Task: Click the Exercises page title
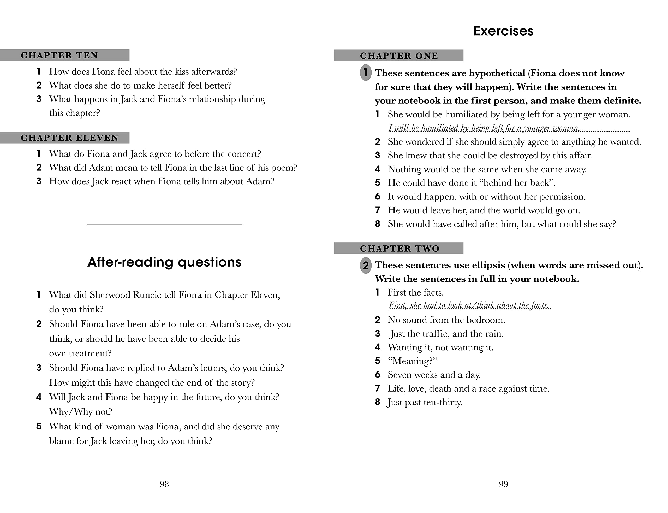pos(503,31)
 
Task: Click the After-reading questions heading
pos(164,262)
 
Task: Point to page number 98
pos(164,484)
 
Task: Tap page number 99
pos(503,484)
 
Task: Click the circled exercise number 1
pos(365,73)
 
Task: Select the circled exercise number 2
pos(365,265)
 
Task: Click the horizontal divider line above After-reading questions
pos(164,225)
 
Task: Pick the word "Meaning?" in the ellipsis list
pos(412,361)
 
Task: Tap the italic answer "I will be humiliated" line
pos(484,128)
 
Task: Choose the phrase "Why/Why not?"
pos(81,412)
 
